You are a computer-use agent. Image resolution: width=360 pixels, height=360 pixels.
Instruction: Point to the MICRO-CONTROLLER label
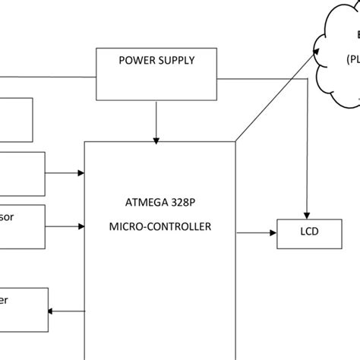click(x=159, y=226)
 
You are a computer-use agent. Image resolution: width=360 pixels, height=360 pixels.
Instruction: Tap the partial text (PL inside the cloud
click(x=353, y=58)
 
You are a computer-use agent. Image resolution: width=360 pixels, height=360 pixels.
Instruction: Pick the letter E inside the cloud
click(x=357, y=34)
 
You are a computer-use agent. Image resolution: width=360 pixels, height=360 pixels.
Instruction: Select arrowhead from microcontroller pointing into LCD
click(x=274, y=232)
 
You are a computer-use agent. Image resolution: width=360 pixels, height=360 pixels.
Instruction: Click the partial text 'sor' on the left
click(x=7, y=217)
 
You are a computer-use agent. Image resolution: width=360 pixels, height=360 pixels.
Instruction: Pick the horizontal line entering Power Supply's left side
click(x=46, y=77)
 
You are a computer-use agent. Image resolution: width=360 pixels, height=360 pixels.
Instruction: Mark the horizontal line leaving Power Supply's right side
click(x=258, y=77)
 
